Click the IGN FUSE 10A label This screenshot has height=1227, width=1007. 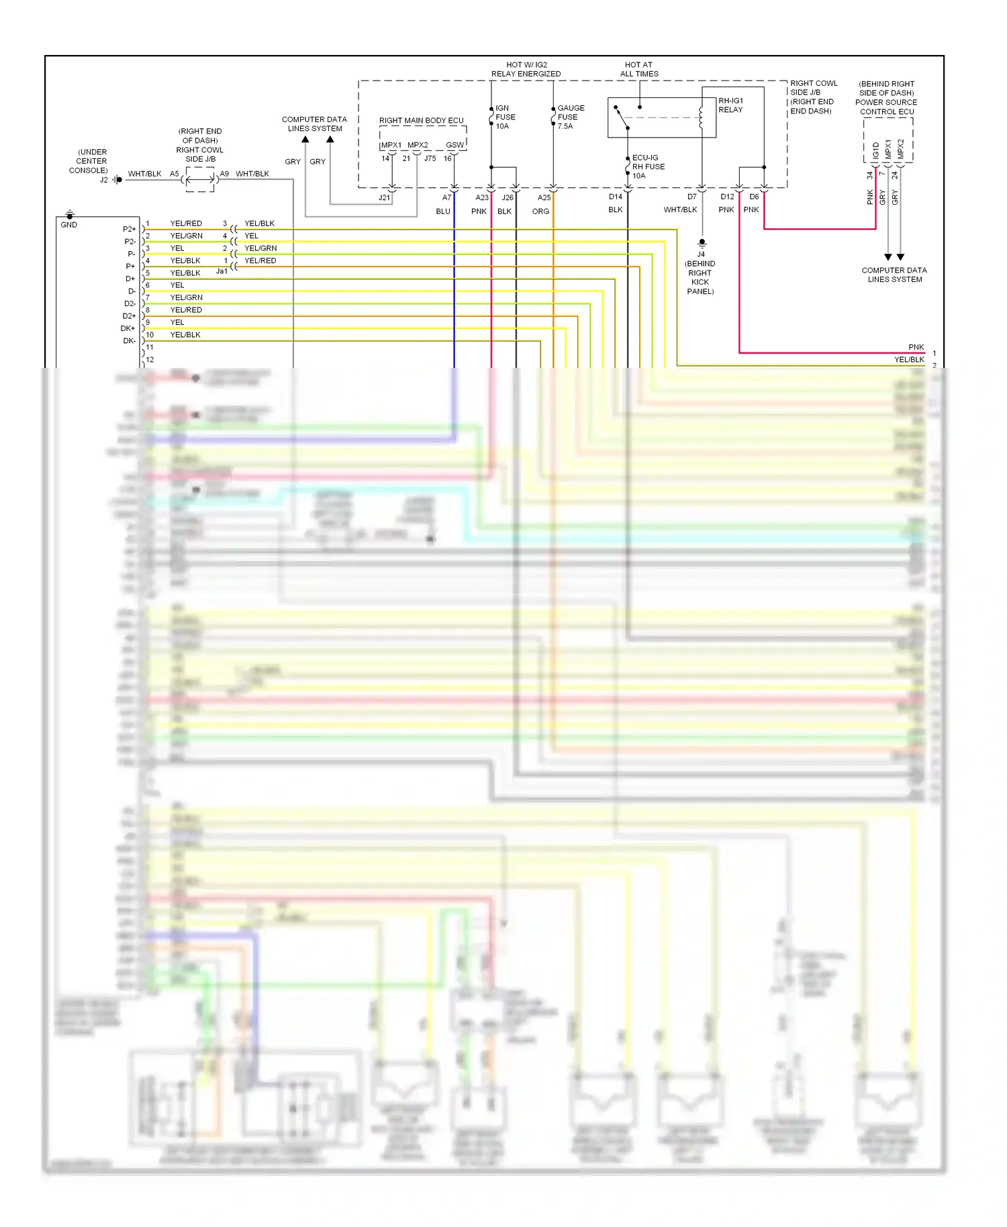(x=505, y=117)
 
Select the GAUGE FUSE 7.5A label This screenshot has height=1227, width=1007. (x=570, y=117)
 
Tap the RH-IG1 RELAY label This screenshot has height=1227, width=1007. (x=730, y=105)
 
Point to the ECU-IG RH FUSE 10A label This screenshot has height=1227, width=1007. (x=648, y=166)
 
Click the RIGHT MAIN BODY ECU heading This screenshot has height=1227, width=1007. (x=421, y=121)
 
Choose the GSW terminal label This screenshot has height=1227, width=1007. (x=454, y=145)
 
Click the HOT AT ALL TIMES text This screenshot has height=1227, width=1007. (x=639, y=69)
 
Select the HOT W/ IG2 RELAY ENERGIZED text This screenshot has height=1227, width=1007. (x=526, y=69)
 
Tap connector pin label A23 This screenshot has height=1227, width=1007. (x=482, y=197)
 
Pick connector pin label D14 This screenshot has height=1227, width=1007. (x=616, y=197)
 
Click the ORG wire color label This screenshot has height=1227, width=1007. (x=540, y=211)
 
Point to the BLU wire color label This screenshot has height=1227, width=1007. (x=443, y=211)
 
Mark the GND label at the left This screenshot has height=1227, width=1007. (x=69, y=225)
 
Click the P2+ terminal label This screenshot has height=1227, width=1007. (x=129, y=229)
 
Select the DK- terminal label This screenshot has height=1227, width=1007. (x=129, y=341)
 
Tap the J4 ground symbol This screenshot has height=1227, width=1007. (x=702, y=243)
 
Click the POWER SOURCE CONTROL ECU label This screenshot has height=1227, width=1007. (x=886, y=107)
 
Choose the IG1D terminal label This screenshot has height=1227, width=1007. (x=875, y=150)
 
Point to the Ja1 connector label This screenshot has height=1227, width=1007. (x=222, y=271)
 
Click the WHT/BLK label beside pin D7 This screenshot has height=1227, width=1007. (x=680, y=210)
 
